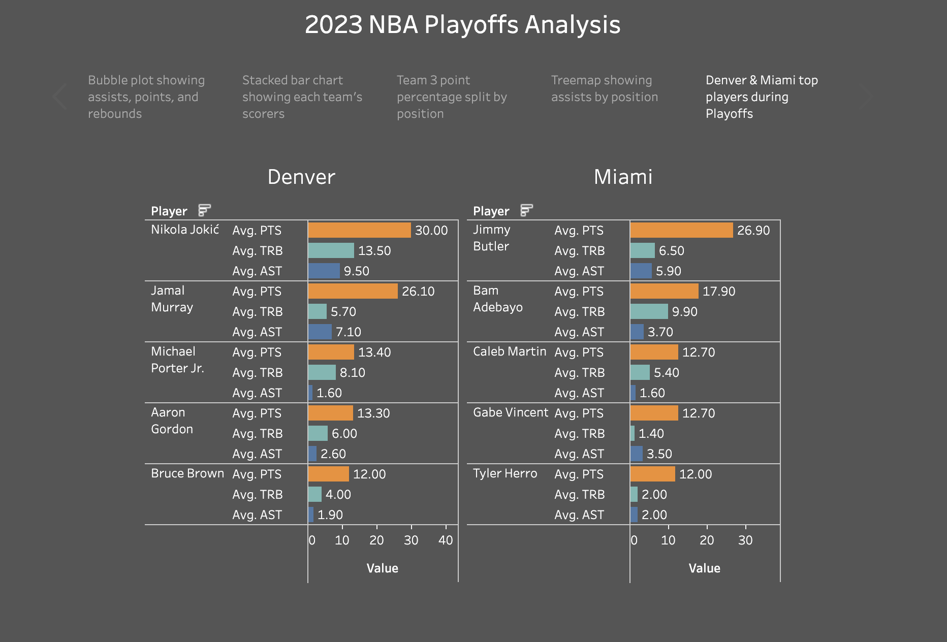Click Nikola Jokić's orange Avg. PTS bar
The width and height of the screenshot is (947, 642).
(359, 230)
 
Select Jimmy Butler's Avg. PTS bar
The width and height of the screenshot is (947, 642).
(681, 230)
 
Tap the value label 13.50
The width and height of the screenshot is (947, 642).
(374, 251)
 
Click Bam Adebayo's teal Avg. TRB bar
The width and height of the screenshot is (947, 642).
(649, 311)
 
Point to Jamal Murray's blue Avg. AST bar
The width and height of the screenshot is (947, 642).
(320, 332)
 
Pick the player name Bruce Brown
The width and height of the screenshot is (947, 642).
(187, 473)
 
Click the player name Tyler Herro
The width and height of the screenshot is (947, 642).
(504, 473)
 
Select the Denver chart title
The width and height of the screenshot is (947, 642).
(301, 177)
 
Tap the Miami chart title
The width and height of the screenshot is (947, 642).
(623, 177)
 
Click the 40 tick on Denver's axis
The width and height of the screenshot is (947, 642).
(446, 540)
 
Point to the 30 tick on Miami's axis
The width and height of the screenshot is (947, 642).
(745, 540)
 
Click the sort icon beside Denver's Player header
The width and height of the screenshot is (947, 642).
(204, 210)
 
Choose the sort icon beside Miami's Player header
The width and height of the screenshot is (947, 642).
(526, 210)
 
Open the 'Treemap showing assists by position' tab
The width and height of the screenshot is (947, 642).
(604, 89)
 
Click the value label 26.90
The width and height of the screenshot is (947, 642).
(753, 231)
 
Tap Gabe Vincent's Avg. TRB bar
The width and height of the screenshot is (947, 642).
(633, 433)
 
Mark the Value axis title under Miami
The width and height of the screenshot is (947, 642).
(704, 568)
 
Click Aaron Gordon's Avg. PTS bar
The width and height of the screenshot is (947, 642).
(330, 413)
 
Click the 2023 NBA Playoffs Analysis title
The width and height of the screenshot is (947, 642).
(462, 24)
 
